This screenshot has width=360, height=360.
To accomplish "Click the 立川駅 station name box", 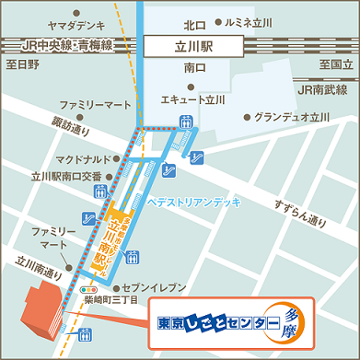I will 194,43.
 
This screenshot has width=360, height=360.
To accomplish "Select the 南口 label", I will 194,68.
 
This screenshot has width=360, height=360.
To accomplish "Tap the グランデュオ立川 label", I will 292,118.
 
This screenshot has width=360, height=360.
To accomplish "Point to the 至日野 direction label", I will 21,64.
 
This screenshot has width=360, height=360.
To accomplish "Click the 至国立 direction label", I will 336,64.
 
